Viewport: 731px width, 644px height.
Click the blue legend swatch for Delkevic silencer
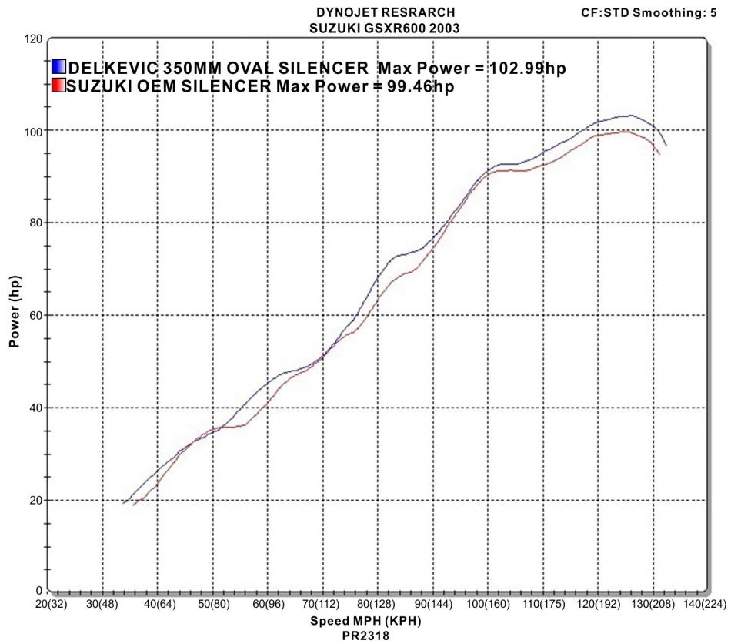(x=58, y=68)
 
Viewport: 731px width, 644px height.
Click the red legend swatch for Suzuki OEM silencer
(x=58, y=86)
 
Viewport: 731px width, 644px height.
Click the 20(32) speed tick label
(x=48, y=605)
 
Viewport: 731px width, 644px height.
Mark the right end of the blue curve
(x=666, y=145)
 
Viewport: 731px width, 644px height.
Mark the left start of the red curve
(x=133, y=505)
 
